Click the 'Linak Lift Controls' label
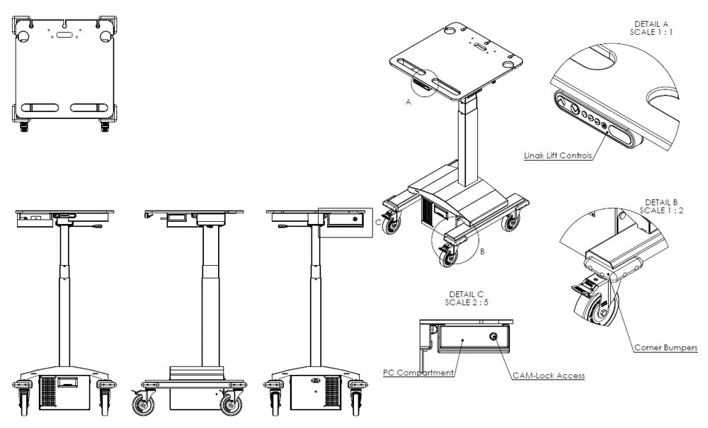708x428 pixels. tap(558, 154)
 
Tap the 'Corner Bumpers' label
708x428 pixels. tap(666, 348)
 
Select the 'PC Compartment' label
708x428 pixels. tap(418, 372)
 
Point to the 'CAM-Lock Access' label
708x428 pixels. tap(549, 376)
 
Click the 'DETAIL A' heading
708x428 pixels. tap(651, 23)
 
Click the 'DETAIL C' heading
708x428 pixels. tap(467, 294)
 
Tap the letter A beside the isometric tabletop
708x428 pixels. tap(408, 102)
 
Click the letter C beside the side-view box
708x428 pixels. tap(377, 222)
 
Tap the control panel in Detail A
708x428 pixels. tap(593, 120)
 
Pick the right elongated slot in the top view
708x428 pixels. tap(89, 108)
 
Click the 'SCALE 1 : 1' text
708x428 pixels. tap(651, 33)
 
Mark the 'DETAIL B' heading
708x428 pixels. tap(662, 202)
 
